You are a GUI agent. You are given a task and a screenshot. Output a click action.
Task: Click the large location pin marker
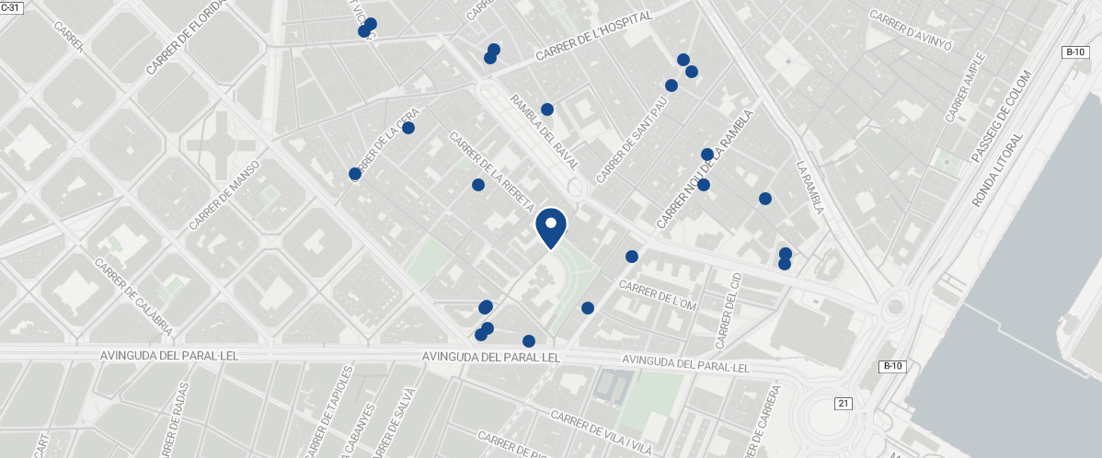550,226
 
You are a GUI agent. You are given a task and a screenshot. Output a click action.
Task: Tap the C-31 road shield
10,6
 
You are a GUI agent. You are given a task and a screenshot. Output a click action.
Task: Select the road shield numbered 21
844,404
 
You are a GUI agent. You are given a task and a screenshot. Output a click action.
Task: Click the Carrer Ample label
964,87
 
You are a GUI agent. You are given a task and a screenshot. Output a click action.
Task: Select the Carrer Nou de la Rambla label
705,169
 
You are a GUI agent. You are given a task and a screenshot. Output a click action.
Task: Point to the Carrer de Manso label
225,195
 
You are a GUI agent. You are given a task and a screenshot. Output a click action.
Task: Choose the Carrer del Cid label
728,312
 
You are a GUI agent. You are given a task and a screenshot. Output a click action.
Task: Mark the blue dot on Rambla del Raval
547,109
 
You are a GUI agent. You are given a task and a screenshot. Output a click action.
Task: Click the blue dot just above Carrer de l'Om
632,257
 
